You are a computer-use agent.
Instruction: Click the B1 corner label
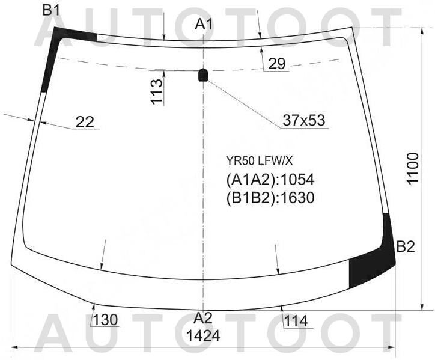tap(50, 11)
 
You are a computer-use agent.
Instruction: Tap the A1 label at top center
tap(204, 25)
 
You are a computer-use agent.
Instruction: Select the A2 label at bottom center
tap(203, 319)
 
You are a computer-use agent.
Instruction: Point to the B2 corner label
tap(406, 246)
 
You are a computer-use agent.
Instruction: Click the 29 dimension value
tap(277, 64)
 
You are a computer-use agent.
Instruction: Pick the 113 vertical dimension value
tap(157, 91)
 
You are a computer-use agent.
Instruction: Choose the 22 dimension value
tap(85, 122)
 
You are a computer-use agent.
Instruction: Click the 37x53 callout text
tap(303, 120)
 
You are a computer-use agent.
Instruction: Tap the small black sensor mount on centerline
tap(203, 75)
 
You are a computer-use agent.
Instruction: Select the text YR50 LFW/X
tap(259, 160)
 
